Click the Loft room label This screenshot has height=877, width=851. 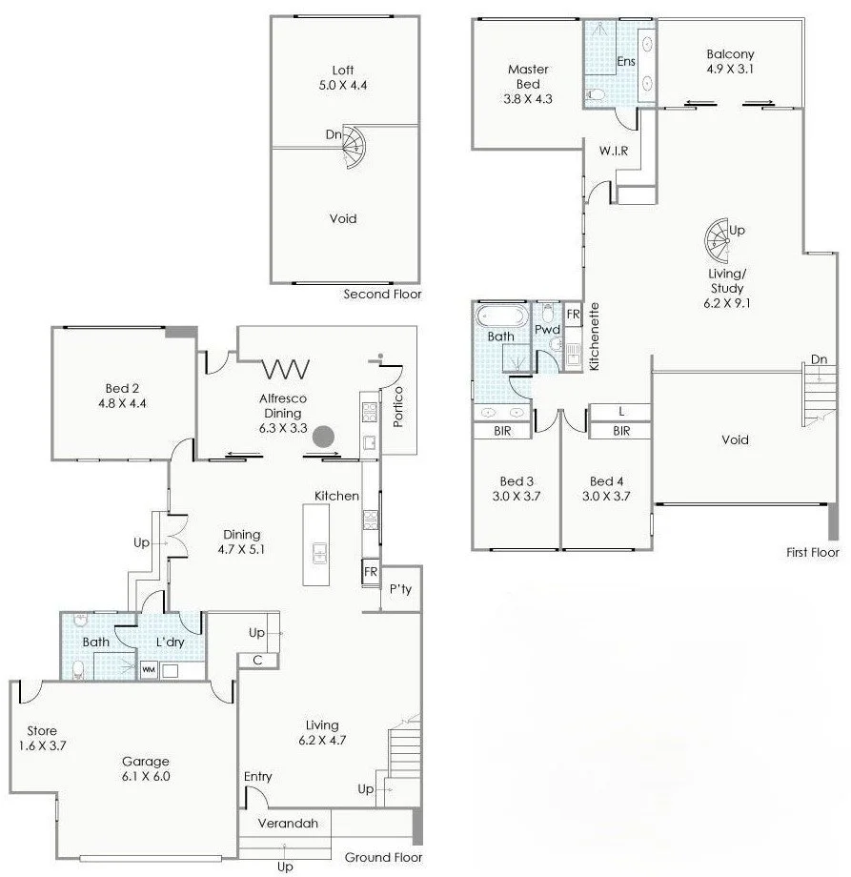(x=343, y=71)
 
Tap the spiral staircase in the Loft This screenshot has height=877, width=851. (x=352, y=144)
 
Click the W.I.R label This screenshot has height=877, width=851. (x=613, y=152)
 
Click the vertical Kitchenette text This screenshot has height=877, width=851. (x=594, y=337)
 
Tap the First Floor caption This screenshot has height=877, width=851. (x=812, y=552)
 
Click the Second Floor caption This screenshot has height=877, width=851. (x=382, y=295)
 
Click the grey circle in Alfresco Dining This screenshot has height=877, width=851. (x=327, y=437)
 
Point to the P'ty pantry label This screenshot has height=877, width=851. (x=400, y=589)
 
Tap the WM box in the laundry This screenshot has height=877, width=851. (x=149, y=670)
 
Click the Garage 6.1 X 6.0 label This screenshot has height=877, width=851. (x=145, y=768)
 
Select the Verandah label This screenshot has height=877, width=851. (x=287, y=823)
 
